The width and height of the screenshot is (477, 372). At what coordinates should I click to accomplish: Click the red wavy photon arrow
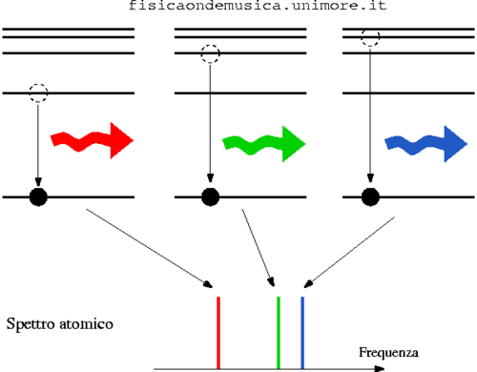coord(93,139)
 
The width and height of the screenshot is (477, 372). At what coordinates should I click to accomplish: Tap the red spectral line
coord(219,332)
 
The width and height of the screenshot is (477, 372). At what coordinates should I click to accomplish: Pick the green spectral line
coord(278,332)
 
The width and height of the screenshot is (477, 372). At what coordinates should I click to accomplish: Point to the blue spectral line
coord(302,332)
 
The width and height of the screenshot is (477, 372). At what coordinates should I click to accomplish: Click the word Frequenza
coord(388,353)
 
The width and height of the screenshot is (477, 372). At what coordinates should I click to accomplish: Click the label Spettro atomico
coord(60,325)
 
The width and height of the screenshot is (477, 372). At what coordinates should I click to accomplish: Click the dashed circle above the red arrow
coord(38,93)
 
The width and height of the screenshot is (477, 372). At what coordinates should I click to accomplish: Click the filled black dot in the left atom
coord(38,196)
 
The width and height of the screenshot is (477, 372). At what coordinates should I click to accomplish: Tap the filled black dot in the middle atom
coord(210,196)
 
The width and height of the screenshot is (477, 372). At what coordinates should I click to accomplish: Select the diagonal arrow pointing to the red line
coord(148,248)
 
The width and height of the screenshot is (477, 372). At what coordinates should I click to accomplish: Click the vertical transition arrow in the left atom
coord(38,143)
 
